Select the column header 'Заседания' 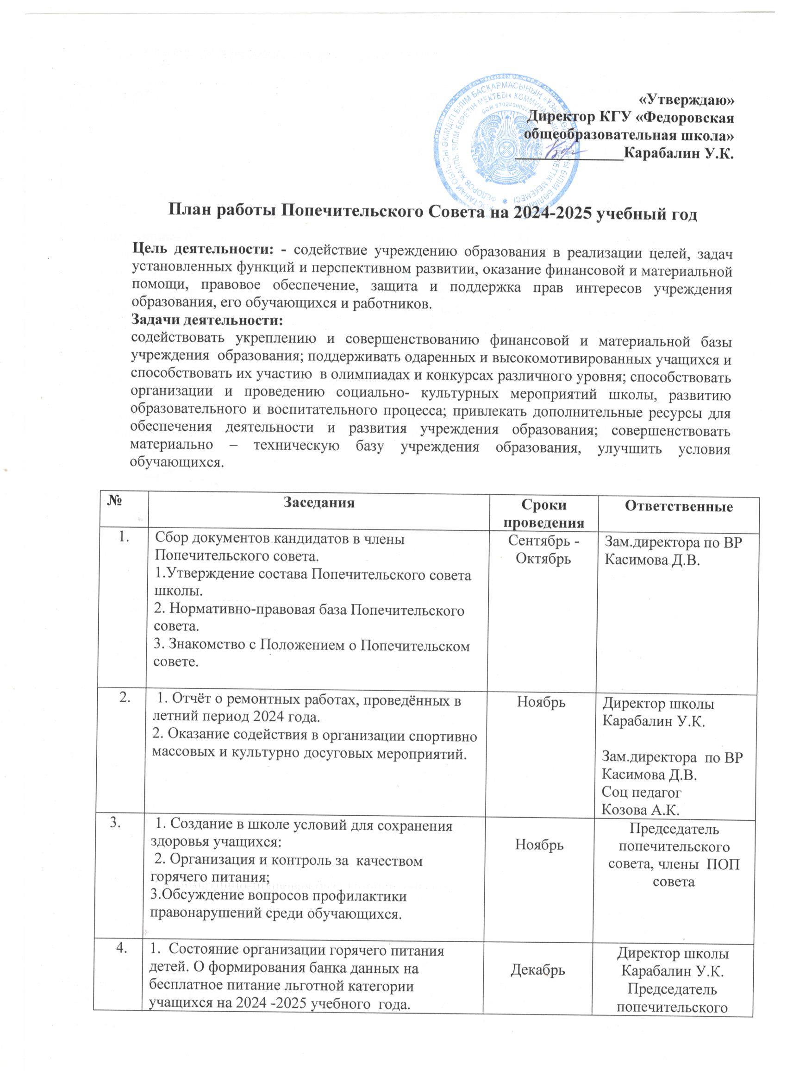319,504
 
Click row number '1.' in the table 125,540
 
